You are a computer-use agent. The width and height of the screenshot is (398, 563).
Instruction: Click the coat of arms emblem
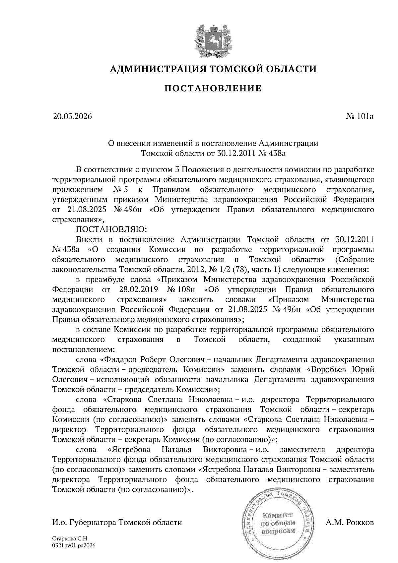[213, 39]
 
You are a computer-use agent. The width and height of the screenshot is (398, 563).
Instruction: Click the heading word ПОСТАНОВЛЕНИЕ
[213, 89]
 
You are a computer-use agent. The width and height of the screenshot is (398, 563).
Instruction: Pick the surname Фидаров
[121, 359]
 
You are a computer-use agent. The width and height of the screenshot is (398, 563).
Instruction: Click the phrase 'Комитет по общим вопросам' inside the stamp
[278, 524]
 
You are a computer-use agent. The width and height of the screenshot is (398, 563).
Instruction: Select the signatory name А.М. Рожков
[350, 523]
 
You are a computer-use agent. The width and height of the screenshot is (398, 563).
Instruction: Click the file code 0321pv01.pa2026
[74, 545]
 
